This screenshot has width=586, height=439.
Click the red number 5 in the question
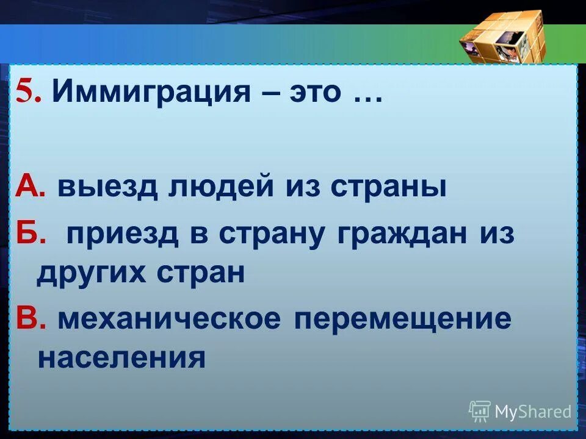coord(25,93)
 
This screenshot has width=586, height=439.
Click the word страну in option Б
coord(273,235)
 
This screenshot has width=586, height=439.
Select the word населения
coord(121,357)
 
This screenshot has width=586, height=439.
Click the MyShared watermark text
coord(533,412)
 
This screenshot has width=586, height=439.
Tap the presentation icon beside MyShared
coord(480,411)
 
